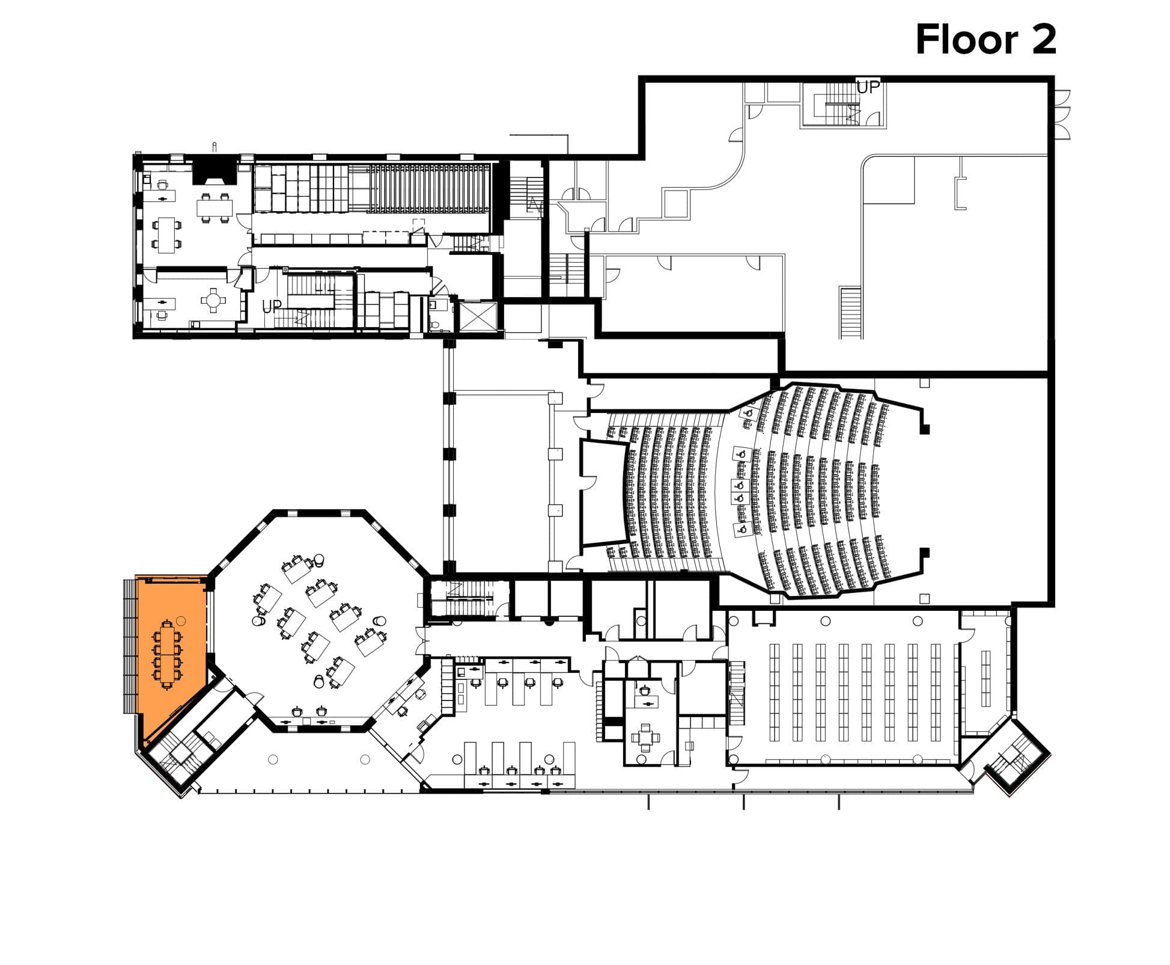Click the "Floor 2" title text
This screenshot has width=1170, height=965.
(986, 40)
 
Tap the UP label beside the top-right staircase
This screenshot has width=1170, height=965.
(868, 87)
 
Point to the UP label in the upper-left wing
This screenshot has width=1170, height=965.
(272, 307)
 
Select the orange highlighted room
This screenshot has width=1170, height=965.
(172, 655)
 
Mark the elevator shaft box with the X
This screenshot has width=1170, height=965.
(478, 316)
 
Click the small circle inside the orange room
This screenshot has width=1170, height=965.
(181, 620)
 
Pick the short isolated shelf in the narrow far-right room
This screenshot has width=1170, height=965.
(986, 678)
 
